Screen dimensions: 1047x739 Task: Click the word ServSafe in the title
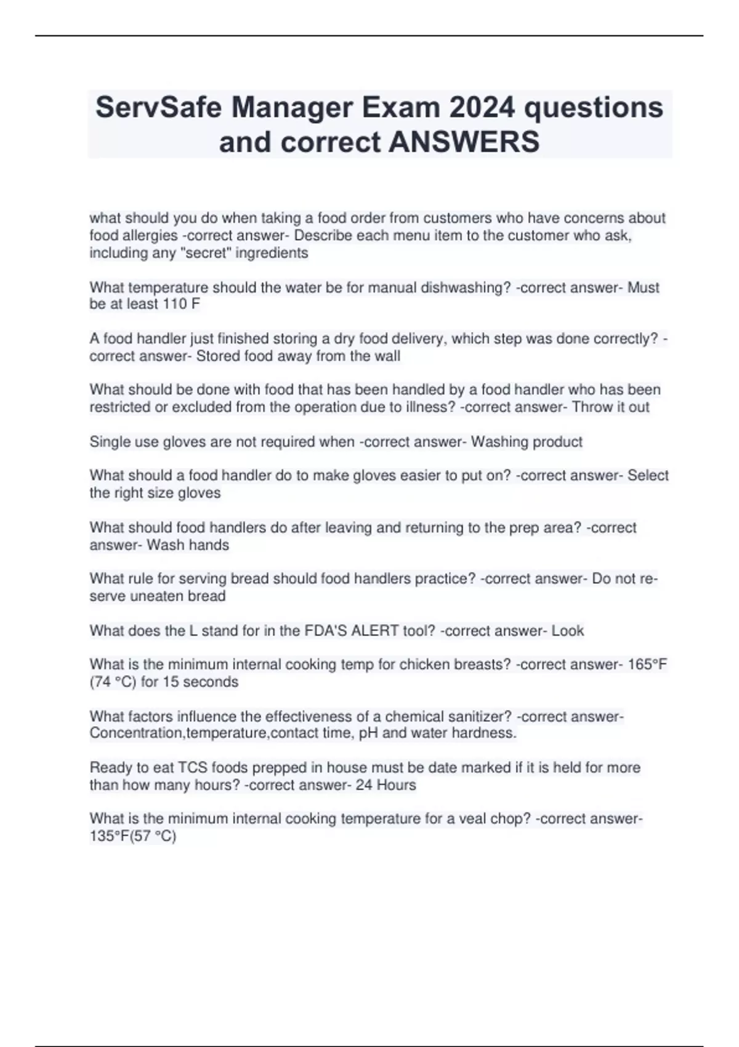click(158, 108)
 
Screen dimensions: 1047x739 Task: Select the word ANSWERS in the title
click(464, 142)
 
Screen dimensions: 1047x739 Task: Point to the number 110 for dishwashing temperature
click(175, 304)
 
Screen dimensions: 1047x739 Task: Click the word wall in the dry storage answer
click(386, 356)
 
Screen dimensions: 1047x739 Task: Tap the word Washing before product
click(498, 442)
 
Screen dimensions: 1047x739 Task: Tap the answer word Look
click(567, 631)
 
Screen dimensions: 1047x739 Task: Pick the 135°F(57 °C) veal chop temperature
click(132, 836)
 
